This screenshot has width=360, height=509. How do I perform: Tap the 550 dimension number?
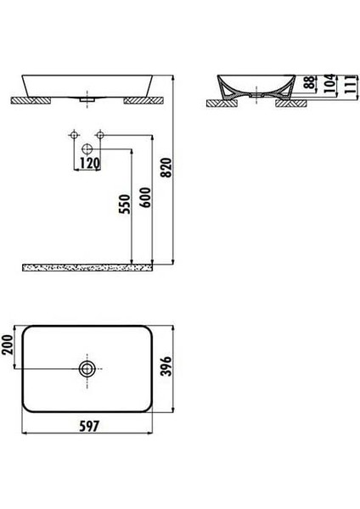pyautogui.click(x=124, y=205)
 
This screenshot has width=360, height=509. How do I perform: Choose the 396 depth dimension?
pyautogui.click(x=190, y=368)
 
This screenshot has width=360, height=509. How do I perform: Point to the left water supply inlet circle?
pyautogui.click(x=75, y=135)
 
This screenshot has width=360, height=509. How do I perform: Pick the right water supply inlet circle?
pyautogui.click(x=100, y=135)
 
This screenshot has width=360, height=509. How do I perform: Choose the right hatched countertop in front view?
pyautogui.click(x=140, y=101)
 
